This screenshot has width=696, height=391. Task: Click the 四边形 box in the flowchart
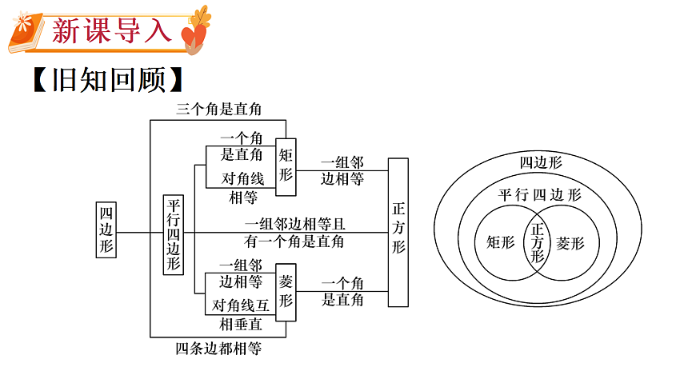106,229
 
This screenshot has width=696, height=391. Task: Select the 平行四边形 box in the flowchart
174,234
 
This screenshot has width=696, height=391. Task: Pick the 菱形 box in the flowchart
286,291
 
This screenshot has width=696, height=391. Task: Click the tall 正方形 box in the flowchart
398,232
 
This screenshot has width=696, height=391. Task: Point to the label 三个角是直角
218,110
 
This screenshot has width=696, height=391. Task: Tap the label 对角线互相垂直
241,314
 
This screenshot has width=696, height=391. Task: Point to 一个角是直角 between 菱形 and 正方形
342,291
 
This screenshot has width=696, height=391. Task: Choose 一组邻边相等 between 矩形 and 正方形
342,170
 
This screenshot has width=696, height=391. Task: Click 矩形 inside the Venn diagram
501,242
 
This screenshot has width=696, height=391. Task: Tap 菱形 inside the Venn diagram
570,243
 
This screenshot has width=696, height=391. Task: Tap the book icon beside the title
27,31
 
